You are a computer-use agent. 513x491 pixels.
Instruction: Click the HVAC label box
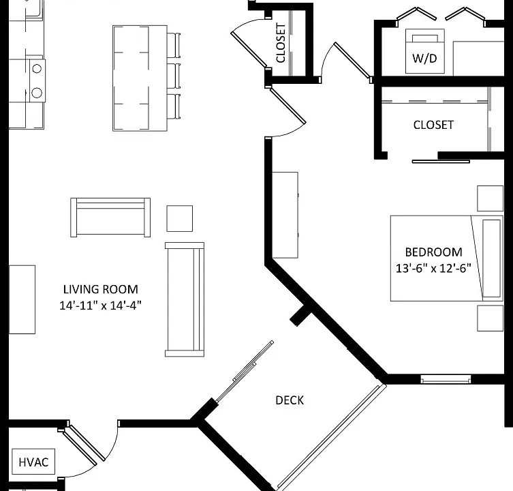pyautogui.click(x=33, y=462)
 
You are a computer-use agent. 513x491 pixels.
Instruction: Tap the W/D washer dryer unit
pyautogui.click(x=424, y=51)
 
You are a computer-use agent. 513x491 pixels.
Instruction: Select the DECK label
pyautogui.click(x=290, y=400)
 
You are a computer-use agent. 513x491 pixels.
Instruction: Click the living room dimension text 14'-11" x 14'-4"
pyautogui.click(x=100, y=306)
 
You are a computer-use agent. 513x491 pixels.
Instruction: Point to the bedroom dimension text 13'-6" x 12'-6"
pyautogui.click(x=433, y=268)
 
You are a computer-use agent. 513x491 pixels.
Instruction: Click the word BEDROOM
pyautogui.click(x=433, y=252)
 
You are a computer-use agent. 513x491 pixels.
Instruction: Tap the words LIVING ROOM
pyautogui.click(x=100, y=290)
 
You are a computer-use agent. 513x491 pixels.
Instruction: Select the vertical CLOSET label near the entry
pyautogui.click(x=281, y=42)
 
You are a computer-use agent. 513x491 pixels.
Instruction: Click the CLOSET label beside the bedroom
pyautogui.click(x=433, y=125)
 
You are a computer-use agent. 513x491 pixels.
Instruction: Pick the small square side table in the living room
pyautogui.click(x=180, y=218)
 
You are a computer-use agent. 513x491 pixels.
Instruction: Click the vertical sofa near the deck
pyautogui.click(x=185, y=299)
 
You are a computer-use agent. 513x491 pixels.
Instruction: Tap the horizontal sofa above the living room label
pyautogui.click(x=110, y=217)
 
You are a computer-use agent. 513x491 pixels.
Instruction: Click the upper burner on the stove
pyautogui.click(x=37, y=69)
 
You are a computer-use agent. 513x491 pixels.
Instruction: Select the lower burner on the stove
pyautogui.click(x=37, y=93)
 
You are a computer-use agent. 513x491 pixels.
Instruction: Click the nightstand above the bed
pyautogui.click(x=490, y=198)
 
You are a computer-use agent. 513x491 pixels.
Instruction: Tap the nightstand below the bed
pyautogui.click(x=490, y=318)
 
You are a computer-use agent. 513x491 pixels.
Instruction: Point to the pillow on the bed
pyautogui.click(x=491, y=258)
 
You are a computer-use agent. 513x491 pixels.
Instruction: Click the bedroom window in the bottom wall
pyautogui.click(x=446, y=379)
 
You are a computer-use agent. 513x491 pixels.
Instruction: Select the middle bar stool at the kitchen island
pyautogui.click(x=174, y=76)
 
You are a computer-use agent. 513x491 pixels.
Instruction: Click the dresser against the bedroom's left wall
pyautogui.click(x=285, y=215)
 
